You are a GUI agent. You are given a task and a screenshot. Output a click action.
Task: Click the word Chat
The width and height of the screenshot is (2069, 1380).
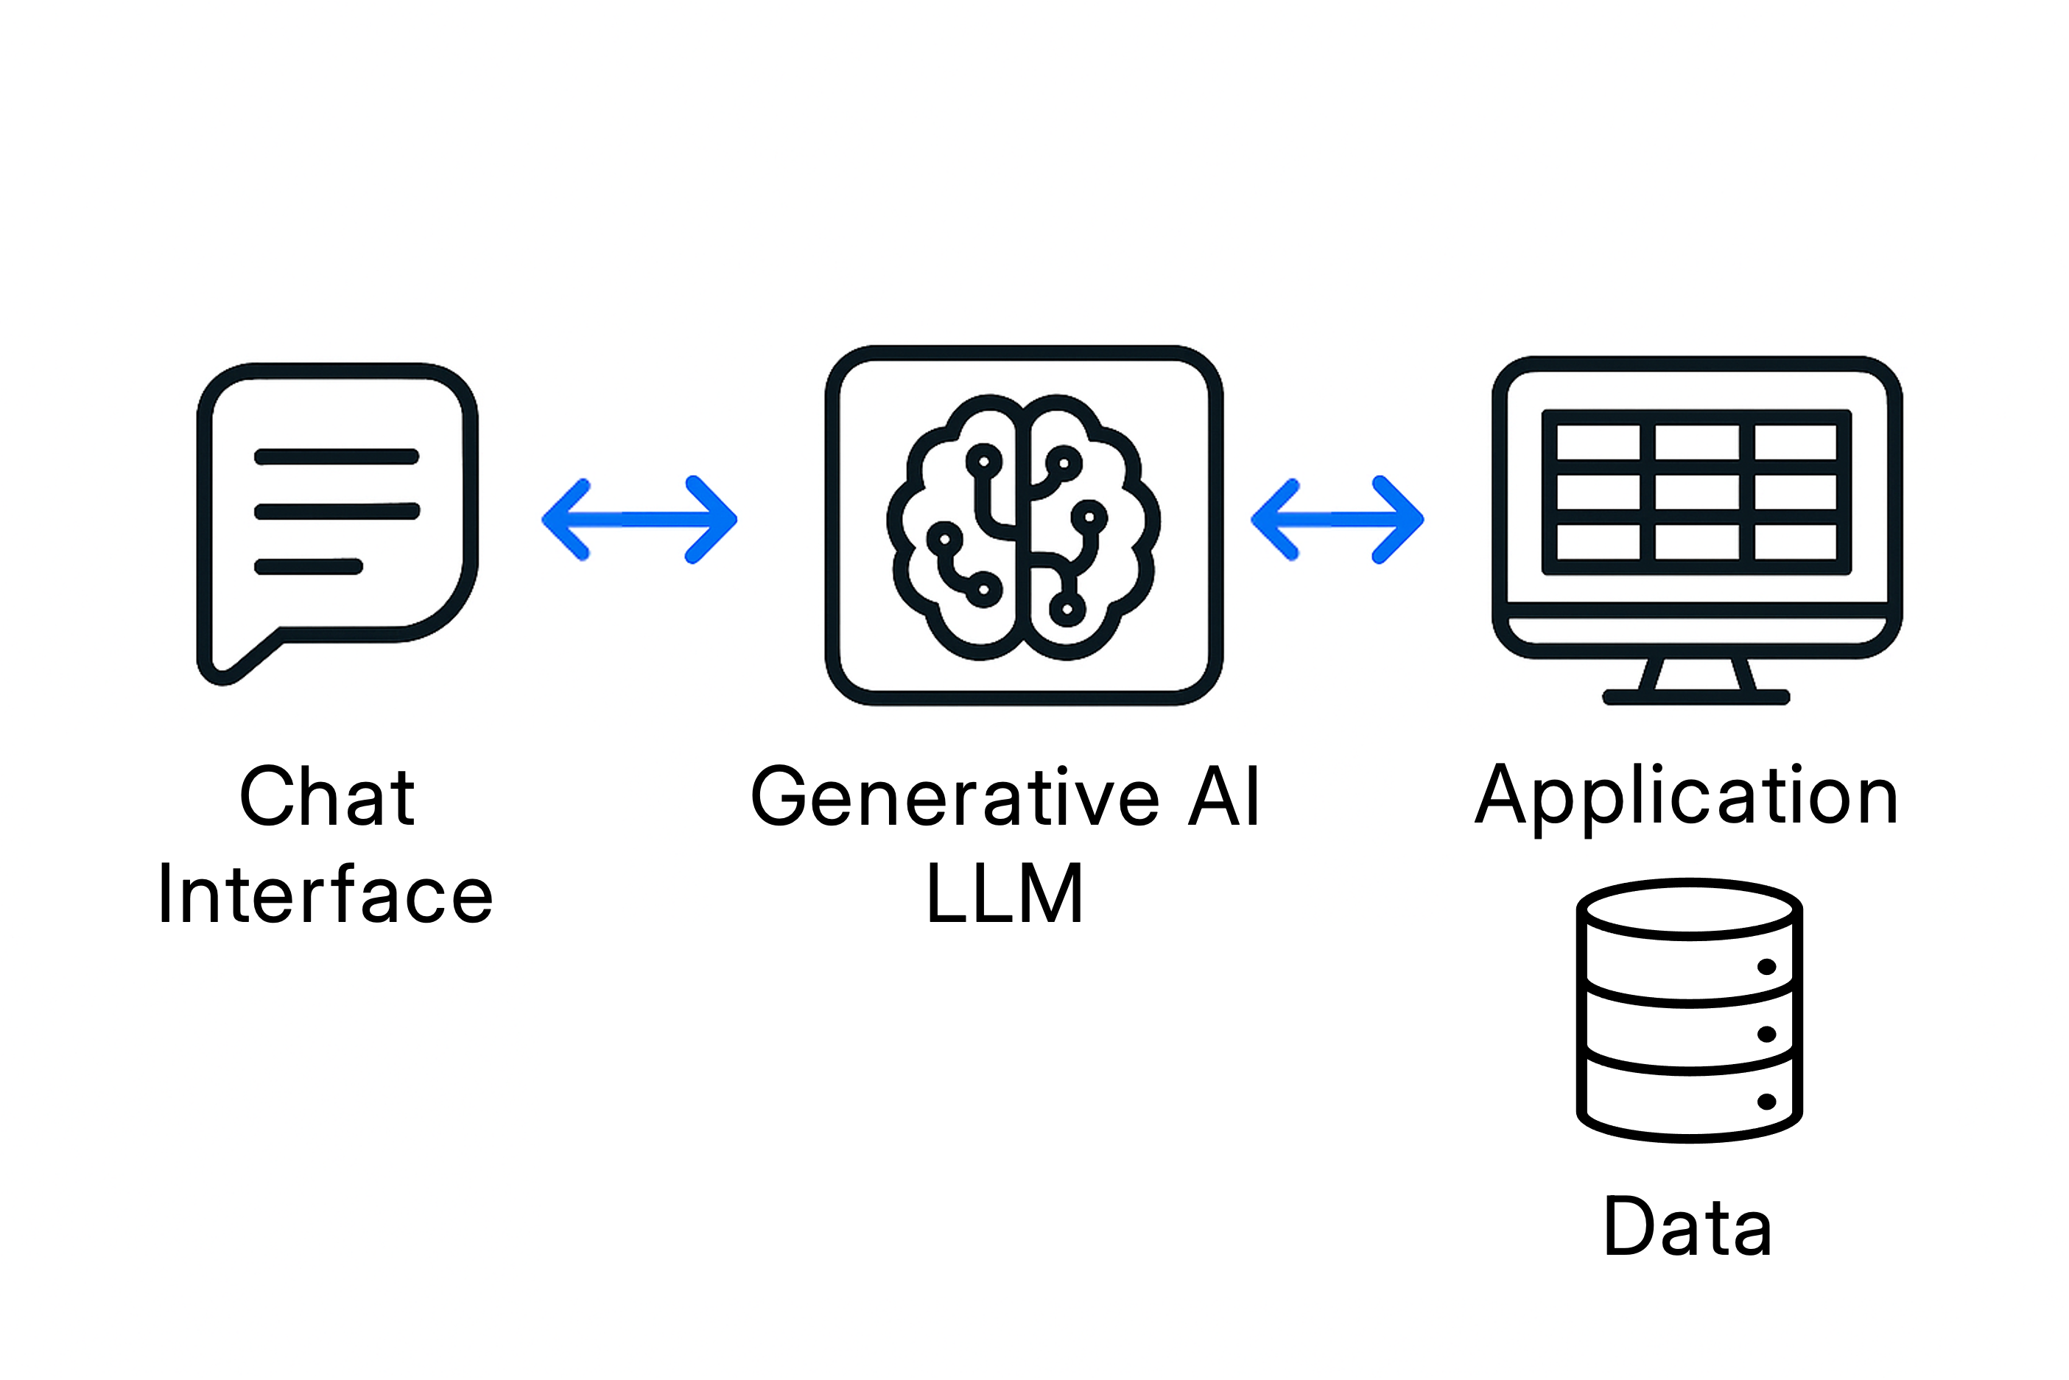326,797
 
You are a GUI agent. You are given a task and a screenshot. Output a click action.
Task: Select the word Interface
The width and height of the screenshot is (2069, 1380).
325,895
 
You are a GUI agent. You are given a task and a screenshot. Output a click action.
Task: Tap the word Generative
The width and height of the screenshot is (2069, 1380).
955,797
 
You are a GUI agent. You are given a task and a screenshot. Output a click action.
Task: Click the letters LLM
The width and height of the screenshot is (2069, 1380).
1004,894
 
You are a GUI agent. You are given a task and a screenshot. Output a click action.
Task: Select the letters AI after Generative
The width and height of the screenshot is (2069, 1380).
1224,797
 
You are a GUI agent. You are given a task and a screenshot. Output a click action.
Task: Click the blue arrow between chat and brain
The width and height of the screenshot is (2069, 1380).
639,519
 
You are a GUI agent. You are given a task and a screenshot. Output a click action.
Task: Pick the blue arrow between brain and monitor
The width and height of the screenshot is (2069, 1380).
1337,519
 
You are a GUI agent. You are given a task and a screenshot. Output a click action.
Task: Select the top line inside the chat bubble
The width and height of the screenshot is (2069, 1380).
336,456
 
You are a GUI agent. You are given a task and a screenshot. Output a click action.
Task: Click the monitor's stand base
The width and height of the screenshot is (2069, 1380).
1696,697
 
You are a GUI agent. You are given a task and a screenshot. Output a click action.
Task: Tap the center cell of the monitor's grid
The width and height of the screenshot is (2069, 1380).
1697,493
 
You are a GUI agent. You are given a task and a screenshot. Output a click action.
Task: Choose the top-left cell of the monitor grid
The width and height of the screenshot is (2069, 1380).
1598,443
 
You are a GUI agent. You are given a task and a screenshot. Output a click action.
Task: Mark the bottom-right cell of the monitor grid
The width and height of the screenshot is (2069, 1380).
1795,542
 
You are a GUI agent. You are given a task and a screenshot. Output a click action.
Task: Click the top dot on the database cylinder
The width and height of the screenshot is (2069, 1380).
1766,966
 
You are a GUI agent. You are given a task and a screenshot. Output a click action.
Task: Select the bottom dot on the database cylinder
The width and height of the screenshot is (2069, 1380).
1766,1101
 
